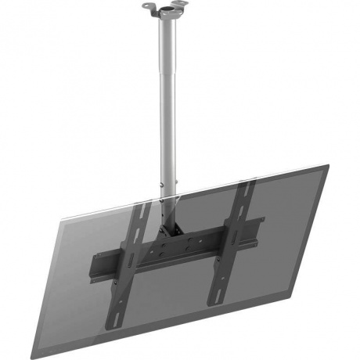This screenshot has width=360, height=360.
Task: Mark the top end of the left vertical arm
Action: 134,205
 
